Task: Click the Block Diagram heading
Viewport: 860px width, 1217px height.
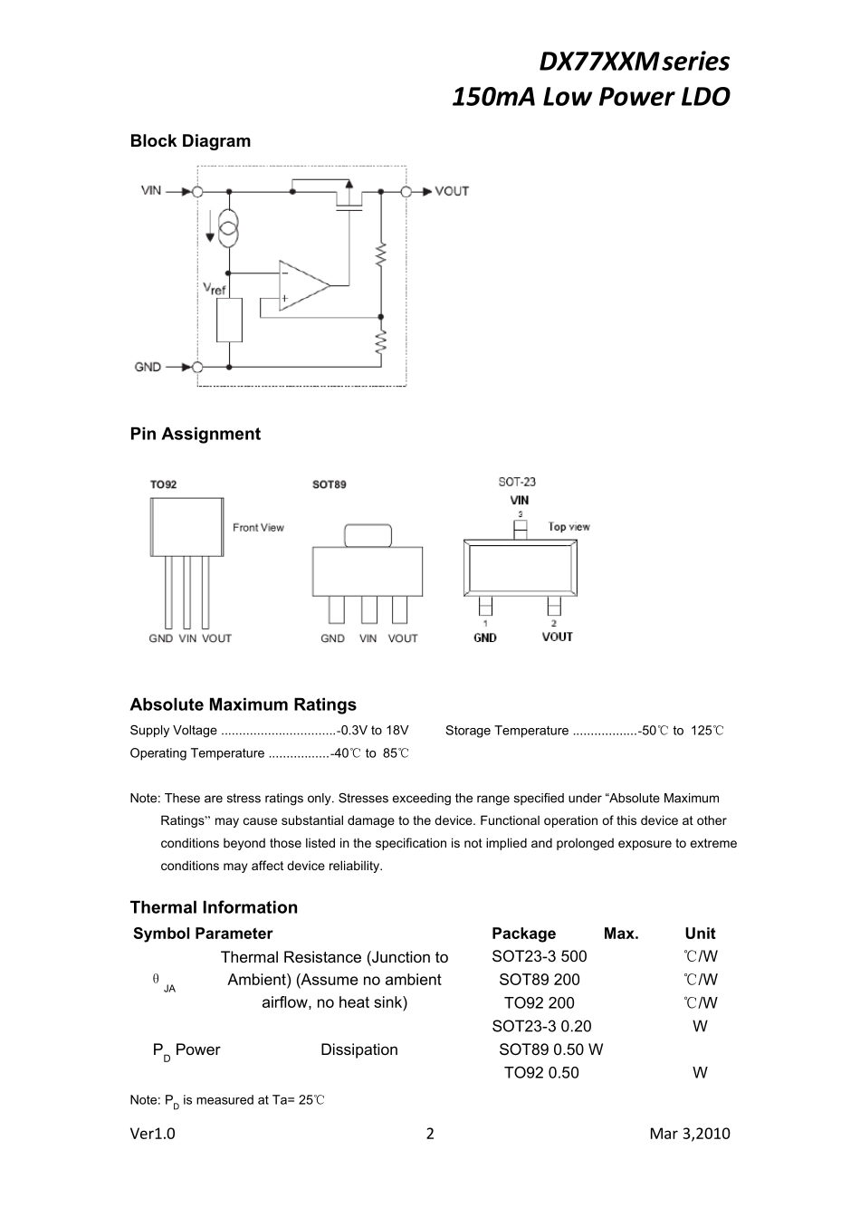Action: click(190, 141)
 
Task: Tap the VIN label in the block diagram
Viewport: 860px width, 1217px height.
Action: click(151, 190)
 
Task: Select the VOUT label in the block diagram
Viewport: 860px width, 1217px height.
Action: click(452, 191)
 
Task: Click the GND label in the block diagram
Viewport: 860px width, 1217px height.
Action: click(148, 367)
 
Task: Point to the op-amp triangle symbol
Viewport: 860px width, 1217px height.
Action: click(302, 285)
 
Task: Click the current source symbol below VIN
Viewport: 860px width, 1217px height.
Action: click(229, 228)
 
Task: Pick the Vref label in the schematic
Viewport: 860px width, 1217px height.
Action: click(215, 289)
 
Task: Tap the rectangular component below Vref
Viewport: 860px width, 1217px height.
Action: click(229, 320)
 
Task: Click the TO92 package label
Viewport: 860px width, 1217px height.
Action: click(163, 484)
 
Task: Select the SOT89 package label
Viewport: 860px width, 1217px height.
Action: click(329, 484)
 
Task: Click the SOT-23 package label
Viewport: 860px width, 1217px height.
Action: click(517, 482)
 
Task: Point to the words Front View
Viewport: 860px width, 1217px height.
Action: click(258, 528)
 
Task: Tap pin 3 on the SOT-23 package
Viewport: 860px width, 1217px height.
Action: click(520, 527)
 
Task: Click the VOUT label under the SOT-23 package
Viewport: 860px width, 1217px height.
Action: click(557, 637)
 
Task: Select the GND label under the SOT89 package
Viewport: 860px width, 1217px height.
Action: click(332, 638)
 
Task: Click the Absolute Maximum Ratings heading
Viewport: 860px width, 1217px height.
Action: click(243, 704)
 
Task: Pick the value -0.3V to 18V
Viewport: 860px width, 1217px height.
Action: click(372, 731)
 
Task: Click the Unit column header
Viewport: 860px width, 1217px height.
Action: click(700, 934)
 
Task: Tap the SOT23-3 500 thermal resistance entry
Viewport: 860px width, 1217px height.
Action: click(539, 956)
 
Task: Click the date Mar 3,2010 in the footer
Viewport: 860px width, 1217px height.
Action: click(689, 1134)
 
